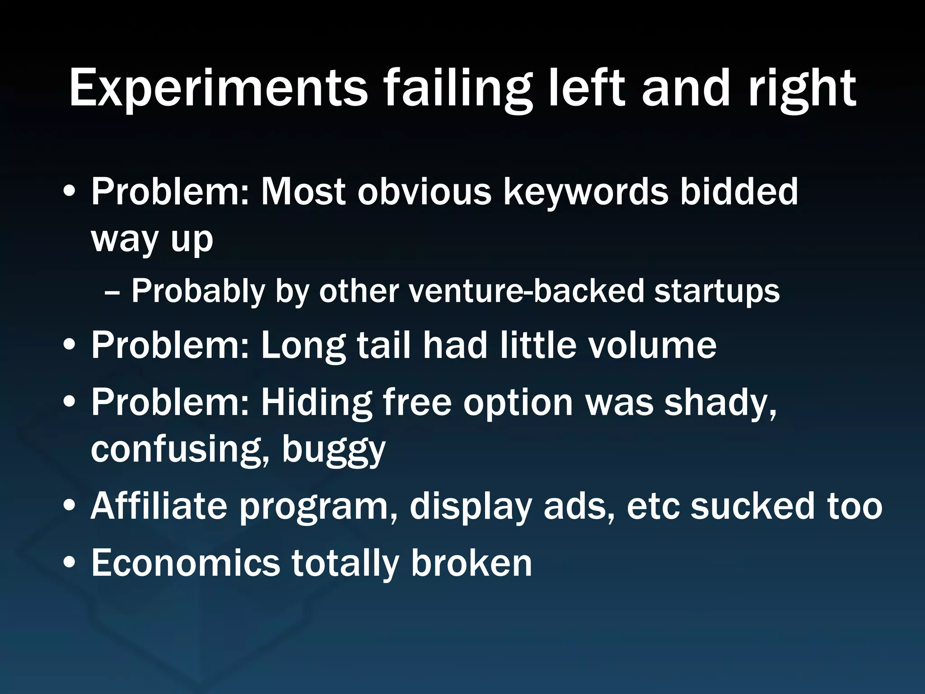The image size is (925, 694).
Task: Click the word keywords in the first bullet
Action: (x=585, y=191)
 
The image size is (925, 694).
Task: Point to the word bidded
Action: (x=739, y=191)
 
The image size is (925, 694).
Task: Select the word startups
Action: (x=717, y=291)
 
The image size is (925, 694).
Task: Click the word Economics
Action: (x=186, y=563)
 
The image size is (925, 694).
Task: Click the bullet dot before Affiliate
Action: (x=70, y=507)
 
